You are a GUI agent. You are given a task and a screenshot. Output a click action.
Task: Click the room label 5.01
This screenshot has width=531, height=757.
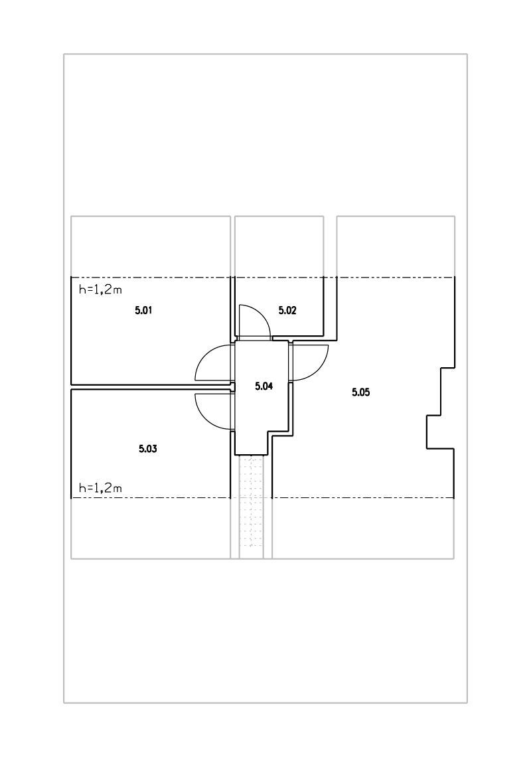(x=143, y=310)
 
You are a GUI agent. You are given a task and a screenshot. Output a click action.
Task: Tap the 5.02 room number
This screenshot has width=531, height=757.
(x=287, y=310)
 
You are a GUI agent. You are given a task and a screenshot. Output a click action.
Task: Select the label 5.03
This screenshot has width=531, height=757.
(x=148, y=449)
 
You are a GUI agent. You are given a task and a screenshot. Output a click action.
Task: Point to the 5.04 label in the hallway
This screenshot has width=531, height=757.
(x=264, y=386)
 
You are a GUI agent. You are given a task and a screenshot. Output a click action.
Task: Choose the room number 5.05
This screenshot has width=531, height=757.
(x=361, y=392)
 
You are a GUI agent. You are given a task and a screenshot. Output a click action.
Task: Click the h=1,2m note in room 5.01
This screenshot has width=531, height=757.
(x=100, y=290)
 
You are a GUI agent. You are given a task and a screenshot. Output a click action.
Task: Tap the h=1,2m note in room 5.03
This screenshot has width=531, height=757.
(x=100, y=488)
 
